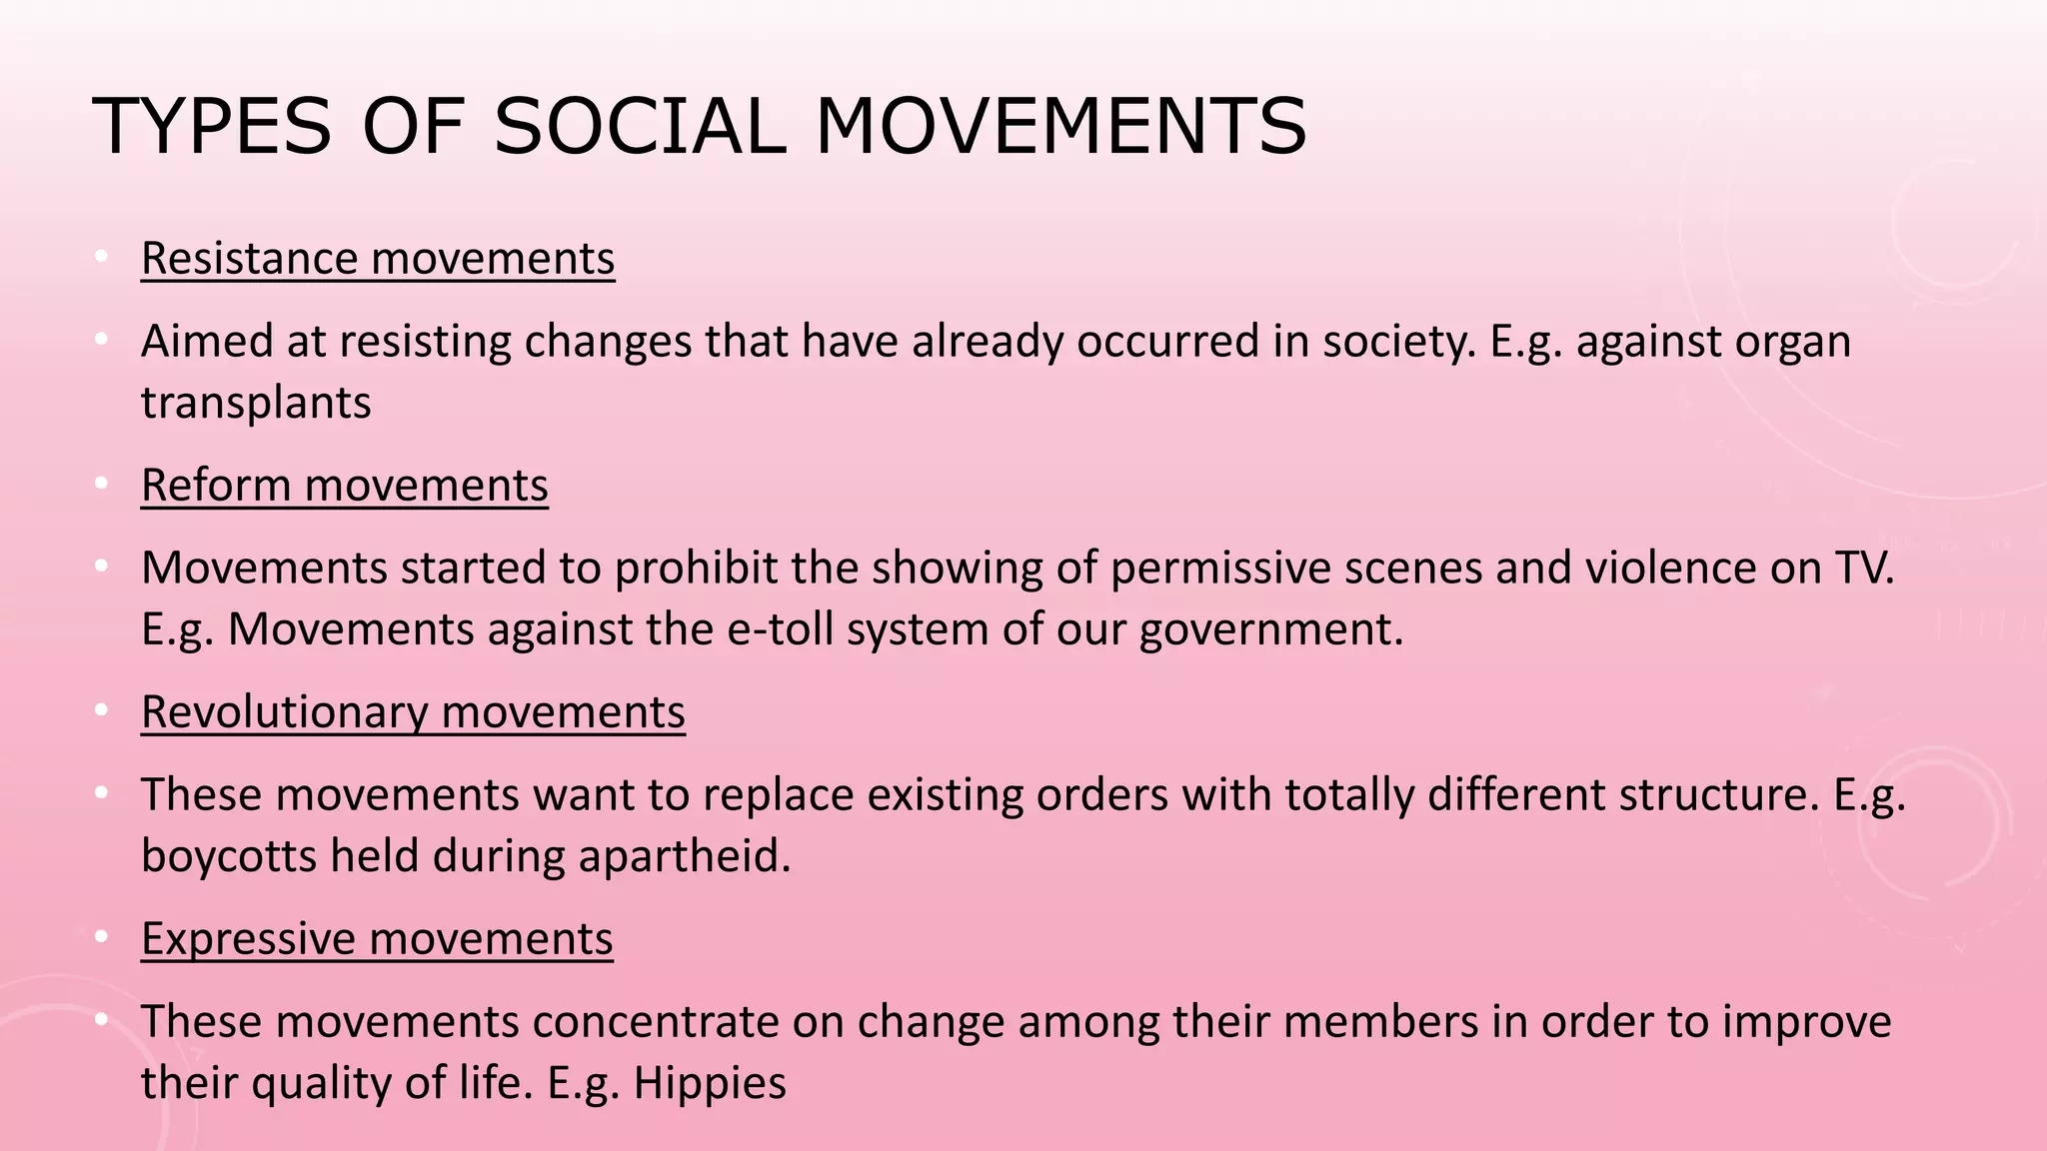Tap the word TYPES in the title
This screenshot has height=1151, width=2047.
(x=211, y=127)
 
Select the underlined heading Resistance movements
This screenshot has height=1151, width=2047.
(x=378, y=259)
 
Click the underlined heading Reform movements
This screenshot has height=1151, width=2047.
(x=345, y=486)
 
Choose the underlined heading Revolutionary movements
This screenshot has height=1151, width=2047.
(x=413, y=712)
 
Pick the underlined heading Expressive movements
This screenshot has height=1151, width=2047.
(x=377, y=939)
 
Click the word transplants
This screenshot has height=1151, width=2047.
(x=256, y=403)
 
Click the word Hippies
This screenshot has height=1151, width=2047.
(x=710, y=1084)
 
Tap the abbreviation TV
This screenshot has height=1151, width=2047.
(x=1864, y=568)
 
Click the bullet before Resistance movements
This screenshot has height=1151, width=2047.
(x=101, y=258)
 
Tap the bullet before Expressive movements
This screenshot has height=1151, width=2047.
(x=101, y=938)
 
